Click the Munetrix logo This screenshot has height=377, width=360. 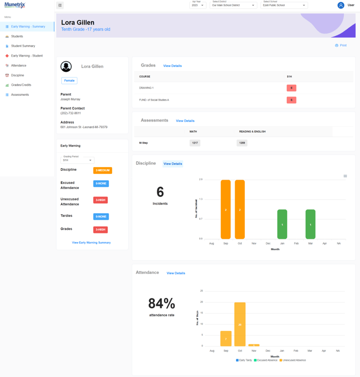(15, 5)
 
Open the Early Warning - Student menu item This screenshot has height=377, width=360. (27, 56)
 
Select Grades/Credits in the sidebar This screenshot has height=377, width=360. (21, 85)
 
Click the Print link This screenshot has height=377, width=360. (341, 46)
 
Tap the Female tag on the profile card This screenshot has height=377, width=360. (69, 81)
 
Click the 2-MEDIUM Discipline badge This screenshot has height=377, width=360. (103, 170)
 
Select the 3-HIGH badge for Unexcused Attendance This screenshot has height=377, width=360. (100, 200)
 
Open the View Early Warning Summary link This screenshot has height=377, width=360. (91, 242)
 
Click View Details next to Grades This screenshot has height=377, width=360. (172, 66)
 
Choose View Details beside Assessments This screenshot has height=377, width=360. (185, 121)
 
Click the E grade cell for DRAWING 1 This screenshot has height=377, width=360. (291, 88)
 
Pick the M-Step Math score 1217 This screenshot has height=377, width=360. (195, 142)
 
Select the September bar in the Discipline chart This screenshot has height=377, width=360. (226, 209)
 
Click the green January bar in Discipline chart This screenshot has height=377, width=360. (282, 224)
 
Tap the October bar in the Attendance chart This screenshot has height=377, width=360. (240, 324)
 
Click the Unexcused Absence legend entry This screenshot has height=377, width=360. (293, 360)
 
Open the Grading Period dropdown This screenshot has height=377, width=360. (77, 159)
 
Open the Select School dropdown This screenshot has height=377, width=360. (284, 5)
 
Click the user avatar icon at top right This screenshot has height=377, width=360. (341, 5)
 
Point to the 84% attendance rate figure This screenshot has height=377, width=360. (162, 304)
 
